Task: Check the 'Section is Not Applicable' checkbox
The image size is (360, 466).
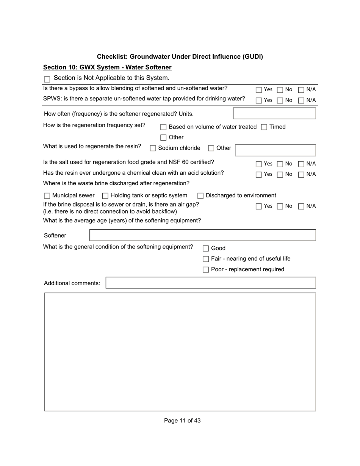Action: [47, 79]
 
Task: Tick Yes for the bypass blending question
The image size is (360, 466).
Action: [259, 90]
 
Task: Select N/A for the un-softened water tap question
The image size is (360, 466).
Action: [301, 100]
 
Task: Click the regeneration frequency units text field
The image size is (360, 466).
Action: [274, 114]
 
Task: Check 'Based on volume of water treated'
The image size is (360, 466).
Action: [163, 127]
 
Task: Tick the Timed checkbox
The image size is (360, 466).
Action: [264, 127]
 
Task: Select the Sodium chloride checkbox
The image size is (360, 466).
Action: [153, 149]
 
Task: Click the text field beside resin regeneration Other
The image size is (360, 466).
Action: [275, 150]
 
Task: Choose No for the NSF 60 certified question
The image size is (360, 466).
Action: [280, 164]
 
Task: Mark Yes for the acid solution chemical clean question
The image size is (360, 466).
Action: [259, 175]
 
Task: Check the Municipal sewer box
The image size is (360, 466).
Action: [47, 196]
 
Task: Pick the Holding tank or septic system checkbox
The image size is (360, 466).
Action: [105, 196]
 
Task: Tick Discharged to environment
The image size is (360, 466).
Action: [200, 196]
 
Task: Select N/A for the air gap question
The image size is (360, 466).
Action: [301, 206]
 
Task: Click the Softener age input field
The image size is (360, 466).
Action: [203, 235]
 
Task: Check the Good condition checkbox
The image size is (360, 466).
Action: [206, 249]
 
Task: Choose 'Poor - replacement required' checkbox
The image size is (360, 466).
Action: [206, 270]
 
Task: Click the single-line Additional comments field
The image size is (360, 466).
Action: [211, 283]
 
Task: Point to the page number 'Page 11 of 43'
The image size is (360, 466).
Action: [182, 421]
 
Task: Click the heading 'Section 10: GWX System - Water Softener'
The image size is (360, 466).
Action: [107, 67]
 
